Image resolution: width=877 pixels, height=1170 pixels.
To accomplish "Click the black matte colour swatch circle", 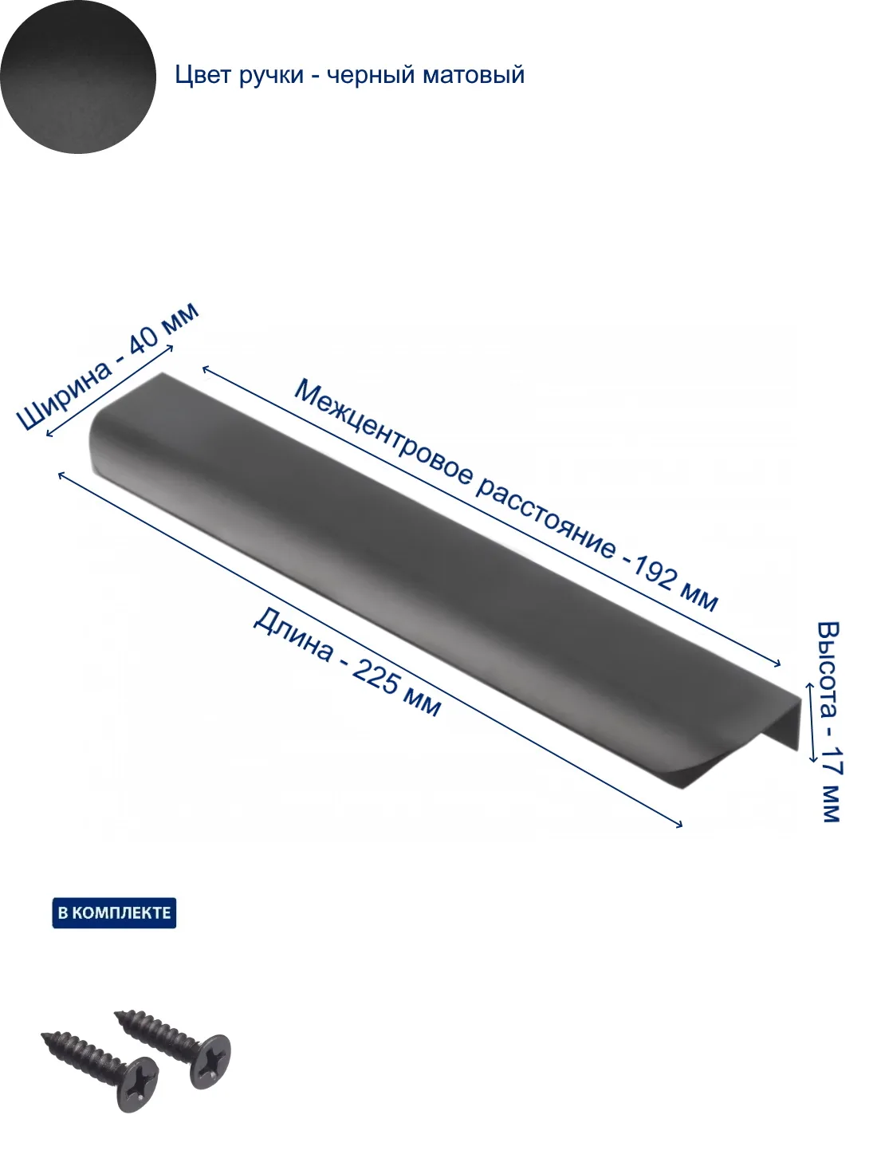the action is [78, 77].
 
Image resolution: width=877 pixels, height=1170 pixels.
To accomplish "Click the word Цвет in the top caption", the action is [203, 75].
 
